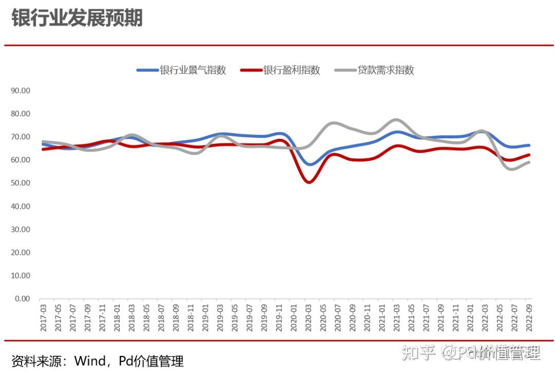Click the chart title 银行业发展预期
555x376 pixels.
point(77,17)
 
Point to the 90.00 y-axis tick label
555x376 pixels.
point(21,91)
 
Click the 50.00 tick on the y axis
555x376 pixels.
point(21,183)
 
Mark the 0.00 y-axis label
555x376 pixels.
point(22,299)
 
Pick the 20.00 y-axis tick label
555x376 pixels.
point(21,253)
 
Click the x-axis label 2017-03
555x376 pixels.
point(44,317)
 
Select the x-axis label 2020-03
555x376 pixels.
point(308,317)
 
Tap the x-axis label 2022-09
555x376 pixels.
point(529,317)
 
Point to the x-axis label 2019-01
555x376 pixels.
point(205,317)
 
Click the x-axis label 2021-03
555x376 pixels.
point(396,317)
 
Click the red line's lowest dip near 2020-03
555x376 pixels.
point(309,182)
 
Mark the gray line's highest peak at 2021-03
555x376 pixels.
point(396,120)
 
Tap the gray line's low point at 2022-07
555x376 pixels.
point(512,169)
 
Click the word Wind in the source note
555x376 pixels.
point(90,361)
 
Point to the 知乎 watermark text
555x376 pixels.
point(418,352)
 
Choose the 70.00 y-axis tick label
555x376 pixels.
point(21,137)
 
